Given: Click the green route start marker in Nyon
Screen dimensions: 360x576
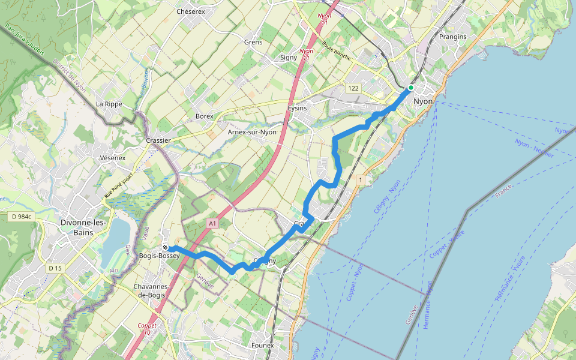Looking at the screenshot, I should click(411, 88).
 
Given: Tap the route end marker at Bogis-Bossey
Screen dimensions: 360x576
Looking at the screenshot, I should click(165, 247).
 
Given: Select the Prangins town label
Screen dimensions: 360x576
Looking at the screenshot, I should click(452, 37).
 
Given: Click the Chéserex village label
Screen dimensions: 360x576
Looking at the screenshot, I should click(191, 11).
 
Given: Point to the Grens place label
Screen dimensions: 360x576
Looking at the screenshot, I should click(254, 42).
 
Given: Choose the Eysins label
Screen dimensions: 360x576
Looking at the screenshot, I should click(297, 108).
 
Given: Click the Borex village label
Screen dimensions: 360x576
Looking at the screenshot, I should click(205, 116).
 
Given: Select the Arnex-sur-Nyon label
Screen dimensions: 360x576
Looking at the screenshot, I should click(252, 132).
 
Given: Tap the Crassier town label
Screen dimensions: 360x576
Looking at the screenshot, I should click(158, 140).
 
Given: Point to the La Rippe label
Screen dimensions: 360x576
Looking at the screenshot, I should click(109, 104).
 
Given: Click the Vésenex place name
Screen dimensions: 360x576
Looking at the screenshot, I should click(113, 158).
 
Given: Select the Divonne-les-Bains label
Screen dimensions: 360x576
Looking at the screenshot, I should click(83, 227).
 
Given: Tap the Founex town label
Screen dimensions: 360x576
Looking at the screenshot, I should click(262, 345).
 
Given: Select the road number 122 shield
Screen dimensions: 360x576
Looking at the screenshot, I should click(353, 88).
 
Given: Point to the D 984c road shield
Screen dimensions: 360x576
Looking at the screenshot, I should click(23, 216).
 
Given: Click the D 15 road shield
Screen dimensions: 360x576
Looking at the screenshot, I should click(55, 268).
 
